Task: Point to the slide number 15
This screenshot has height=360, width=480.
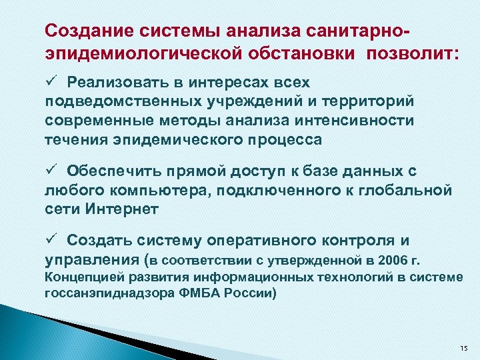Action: coord(464,349)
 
